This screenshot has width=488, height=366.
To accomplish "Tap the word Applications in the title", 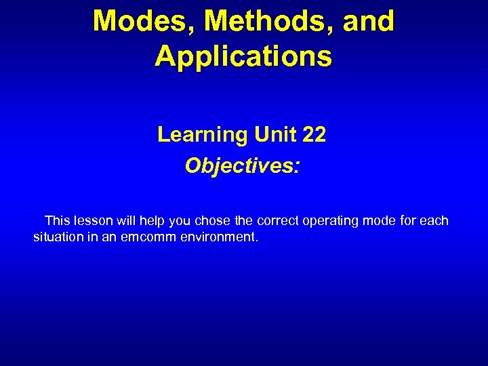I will pyautogui.click(x=243, y=56).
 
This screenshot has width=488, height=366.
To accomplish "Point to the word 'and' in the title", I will pyautogui.click(x=368, y=21).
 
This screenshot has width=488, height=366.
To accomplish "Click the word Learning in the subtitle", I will pyautogui.click(x=203, y=135).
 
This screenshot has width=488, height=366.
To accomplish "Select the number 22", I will pyautogui.click(x=314, y=135).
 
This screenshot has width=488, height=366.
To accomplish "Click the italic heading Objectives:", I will pyautogui.click(x=242, y=166).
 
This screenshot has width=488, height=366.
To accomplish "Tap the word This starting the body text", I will pyautogui.click(x=58, y=221).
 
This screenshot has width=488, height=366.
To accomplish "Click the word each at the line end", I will pyautogui.click(x=434, y=221).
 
